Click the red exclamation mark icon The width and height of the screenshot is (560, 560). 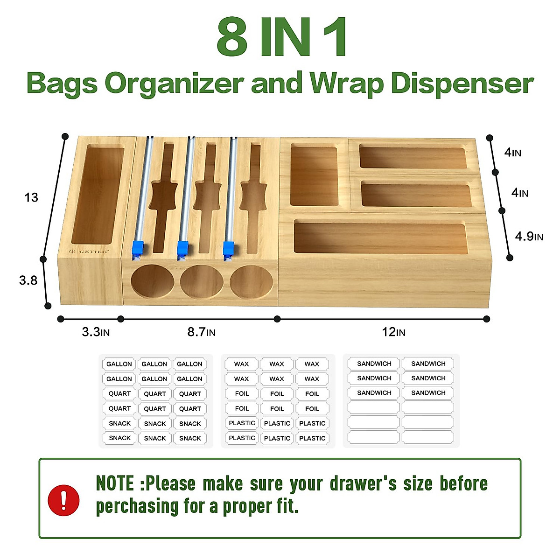[x=63, y=500]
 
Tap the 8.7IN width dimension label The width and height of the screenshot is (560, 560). [x=201, y=332]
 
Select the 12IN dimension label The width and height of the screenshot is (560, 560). [x=393, y=332]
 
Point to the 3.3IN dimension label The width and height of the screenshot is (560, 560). [x=96, y=332]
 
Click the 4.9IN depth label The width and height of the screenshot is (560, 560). [x=529, y=236]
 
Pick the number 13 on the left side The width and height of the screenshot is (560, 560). [x=31, y=197]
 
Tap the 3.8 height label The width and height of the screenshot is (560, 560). [x=28, y=280]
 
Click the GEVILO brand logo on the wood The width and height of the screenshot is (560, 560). [x=90, y=251]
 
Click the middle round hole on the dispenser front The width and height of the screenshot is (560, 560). [x=202, y=282]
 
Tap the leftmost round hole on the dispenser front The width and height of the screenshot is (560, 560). [x=152, y=282]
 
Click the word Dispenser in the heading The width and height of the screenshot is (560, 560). [x=462, y=84]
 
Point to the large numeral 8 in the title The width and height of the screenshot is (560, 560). [x=232, y=37]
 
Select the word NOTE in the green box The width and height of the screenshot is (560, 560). [x=115, y=483]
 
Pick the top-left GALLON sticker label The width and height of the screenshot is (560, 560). [x=119, y=364]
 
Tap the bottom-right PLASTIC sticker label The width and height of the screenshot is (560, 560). [x=312, y=438]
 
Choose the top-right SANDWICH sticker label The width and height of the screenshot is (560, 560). [x=428, y=364]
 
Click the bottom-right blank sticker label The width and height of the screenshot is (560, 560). [x=428, y=437]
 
